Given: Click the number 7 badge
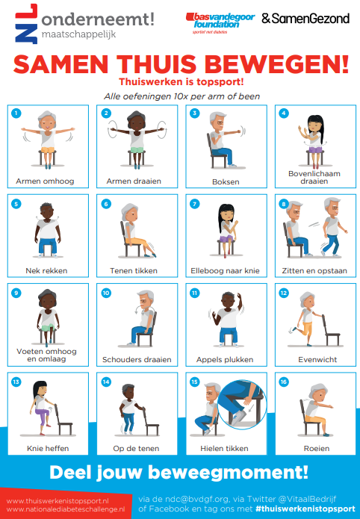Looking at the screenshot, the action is pyautogui.click(x=194, y=204).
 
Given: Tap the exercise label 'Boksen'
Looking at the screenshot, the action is pyautogui.click(x=226, y=181).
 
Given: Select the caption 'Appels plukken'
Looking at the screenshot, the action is pyautogui.click(x=225, y=360).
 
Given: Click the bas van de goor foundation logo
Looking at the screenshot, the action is pyautogui.click(x=220, y=23).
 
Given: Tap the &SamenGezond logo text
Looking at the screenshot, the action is pyautogui.click(x=305, y=19).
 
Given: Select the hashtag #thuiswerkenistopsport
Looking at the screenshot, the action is pyautogui.click(x=305, y=509).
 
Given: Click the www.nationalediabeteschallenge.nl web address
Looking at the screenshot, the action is pyautogui.click(x=66, y=509).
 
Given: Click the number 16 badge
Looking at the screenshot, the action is pyautogui.click(x=284, y=382).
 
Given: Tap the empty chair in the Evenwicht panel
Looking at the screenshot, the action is pyautogui.click(x=331, y=330).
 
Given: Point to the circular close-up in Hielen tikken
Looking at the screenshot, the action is pyautogui.click(x=242, y=404).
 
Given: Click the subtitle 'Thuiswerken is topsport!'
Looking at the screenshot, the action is pyautogui.click(x=181, y=81).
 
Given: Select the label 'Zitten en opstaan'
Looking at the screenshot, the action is pyautogui.click(x=314, y=271).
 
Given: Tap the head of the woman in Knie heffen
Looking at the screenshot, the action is pyautogui.click(x=40, y=388).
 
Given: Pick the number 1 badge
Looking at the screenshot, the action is pyautogui.click(x=16, y=114).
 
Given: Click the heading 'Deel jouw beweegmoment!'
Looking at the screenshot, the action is pyautogui.click(x=179, y=473).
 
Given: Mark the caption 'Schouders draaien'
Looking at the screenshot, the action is pyautogui.click(x=137, y=360).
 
